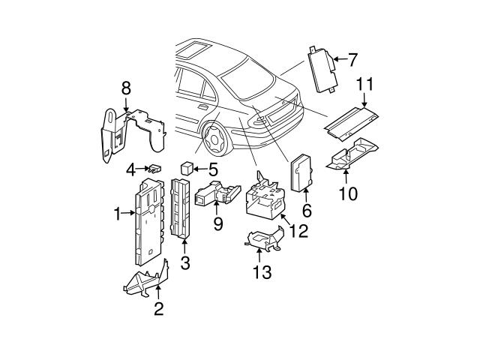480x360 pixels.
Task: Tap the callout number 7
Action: [x=352, y=58]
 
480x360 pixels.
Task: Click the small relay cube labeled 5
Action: [x=188, y=167]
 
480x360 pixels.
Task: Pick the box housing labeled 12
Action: [x=265, y=196]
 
